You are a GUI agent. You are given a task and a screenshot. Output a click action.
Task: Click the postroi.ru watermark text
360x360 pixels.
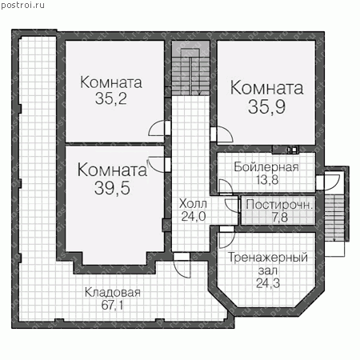(22, 6)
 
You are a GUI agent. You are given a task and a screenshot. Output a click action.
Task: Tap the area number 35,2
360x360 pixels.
(111, 98)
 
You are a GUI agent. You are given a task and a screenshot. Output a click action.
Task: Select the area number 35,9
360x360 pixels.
(266, 106)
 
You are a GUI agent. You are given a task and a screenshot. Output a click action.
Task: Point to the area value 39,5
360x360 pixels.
(112, 188)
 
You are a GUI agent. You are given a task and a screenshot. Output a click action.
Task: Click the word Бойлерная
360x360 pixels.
(266, 167)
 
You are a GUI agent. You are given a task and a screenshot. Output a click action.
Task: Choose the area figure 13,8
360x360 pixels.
(267, 180)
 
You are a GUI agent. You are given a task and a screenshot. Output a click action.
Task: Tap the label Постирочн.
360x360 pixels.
(279, 205)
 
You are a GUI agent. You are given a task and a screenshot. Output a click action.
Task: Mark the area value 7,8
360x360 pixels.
(280, 218)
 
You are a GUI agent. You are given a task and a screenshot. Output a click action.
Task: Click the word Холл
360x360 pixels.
(193, 204)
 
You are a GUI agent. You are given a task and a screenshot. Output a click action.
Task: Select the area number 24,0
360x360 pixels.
(194, 216)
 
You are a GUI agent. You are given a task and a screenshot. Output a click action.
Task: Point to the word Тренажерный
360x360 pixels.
(268, 258)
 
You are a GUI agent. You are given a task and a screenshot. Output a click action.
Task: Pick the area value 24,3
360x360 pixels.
(268, 283)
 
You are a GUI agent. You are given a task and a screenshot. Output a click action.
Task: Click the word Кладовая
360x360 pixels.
(112, 293)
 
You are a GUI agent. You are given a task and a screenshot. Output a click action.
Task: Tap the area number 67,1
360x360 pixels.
(112, 305)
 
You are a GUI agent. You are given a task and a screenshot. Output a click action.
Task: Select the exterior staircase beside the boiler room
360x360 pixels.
(334, 218)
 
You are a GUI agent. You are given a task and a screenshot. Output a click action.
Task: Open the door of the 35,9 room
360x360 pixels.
(222, 134)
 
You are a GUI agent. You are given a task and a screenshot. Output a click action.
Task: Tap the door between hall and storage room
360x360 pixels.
(182, 266)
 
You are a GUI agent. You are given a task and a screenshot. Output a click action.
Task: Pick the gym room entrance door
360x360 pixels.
(226, 238)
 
